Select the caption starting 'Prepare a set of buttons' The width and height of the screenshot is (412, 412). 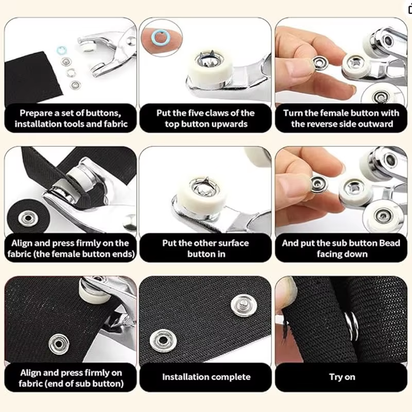tap(69, 119)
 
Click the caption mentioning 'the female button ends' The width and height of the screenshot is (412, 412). tap(69, 248)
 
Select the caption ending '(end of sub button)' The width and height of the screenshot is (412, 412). tap(69, 378)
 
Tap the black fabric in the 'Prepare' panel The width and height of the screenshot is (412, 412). tap(35, 78)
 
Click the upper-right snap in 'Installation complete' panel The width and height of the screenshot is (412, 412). tap(240, 304)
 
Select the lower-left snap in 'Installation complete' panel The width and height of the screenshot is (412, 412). tap(161, 340)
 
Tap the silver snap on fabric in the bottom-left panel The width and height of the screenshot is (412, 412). tap(58, 343)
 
